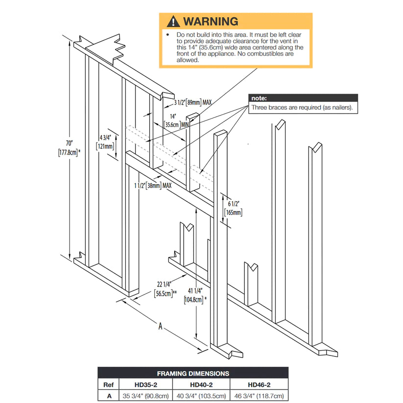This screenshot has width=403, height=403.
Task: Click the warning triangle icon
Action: (173, 21)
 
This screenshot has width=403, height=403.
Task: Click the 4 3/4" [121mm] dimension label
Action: (106, 142)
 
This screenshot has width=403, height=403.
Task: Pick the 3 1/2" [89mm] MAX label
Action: (192, 103)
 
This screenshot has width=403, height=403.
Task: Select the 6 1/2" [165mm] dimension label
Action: (233, 208)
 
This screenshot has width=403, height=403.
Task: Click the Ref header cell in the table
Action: (110, 385)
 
